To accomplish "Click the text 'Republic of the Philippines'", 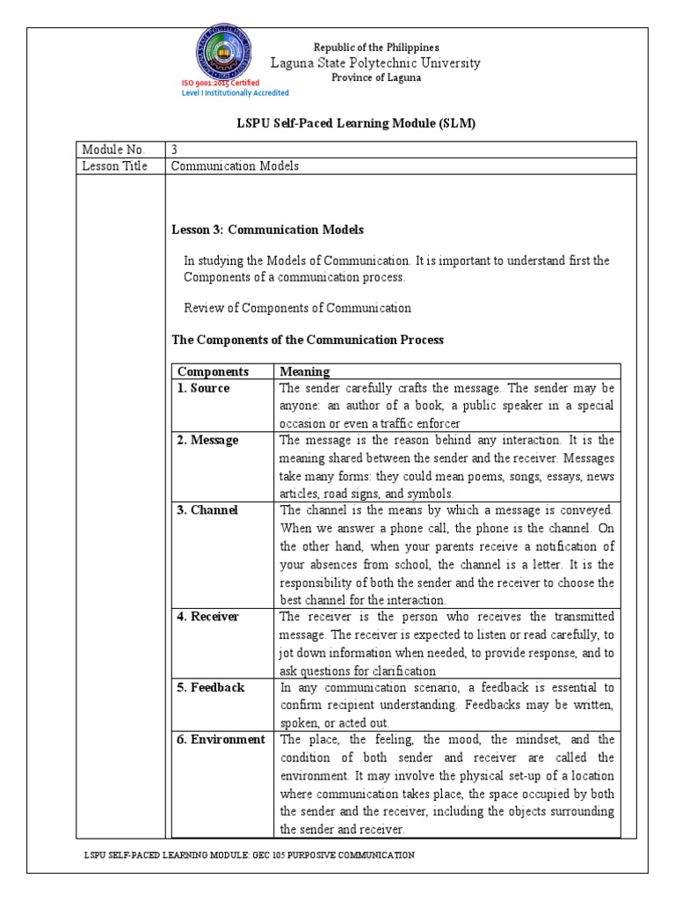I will pos(376,47).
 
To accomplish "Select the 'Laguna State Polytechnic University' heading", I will pos(375,62).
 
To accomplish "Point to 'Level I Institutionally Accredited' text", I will pos(235,92).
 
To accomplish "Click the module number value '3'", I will pos(174,149).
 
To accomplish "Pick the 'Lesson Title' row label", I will pos(115,165).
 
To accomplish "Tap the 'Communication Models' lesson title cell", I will pos(235,165).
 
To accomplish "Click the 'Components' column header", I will pos(214,371).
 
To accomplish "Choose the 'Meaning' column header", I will pos(304,371).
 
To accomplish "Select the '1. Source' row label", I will pos(204,388).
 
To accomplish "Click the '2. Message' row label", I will pos(207,440).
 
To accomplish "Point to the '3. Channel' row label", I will pos(207,509).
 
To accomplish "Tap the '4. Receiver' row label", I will pos(208,616).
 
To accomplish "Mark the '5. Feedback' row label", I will pos(211,686).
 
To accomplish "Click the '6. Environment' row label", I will pos(221,739).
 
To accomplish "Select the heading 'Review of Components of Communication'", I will pos(297,308).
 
